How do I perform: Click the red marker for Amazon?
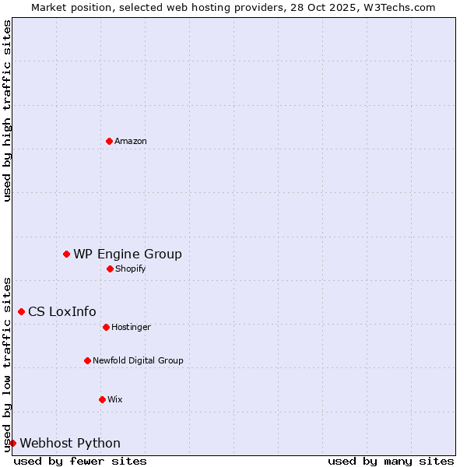pyautogui.click(x=109, y=141)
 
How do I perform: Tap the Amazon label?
pyautogui.click(x=131, y=142)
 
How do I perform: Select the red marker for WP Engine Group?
pyautogui.click(x=67, y=254)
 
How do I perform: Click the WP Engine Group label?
pyautogui.click(x=128, y=255)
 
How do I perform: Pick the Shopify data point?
pyautogui.click(x=110, y=269)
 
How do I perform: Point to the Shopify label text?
pyautogui.click(x=131, y=269)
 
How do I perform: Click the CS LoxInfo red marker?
pyautogui.click(x=21, y=311)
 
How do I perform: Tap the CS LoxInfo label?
pyautogui.click(x=62, y=312)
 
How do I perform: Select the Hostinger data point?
pyautogui.click(x=106, y=327)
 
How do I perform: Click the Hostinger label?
pyautogui.click(x=131, y=328)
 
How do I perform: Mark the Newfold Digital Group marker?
pyautogui.click(x=87, y=360)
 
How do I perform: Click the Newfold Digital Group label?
pyautogui.click(x=138, y=361)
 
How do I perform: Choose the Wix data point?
pyautogui.click(x=102, y=399)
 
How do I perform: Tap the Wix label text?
pyautogui.click(x=115, y=400)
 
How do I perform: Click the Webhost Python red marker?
pyautogui.click(x=12, y=443)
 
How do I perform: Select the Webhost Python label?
pyautogui.click(x=70, y=444)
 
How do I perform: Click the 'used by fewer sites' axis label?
pyautogui.click(x=80, y=462)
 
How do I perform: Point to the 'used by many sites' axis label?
pyautogui.click(x=391, y=462)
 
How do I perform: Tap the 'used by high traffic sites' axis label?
pyautogui.click(x=7, y=111)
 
